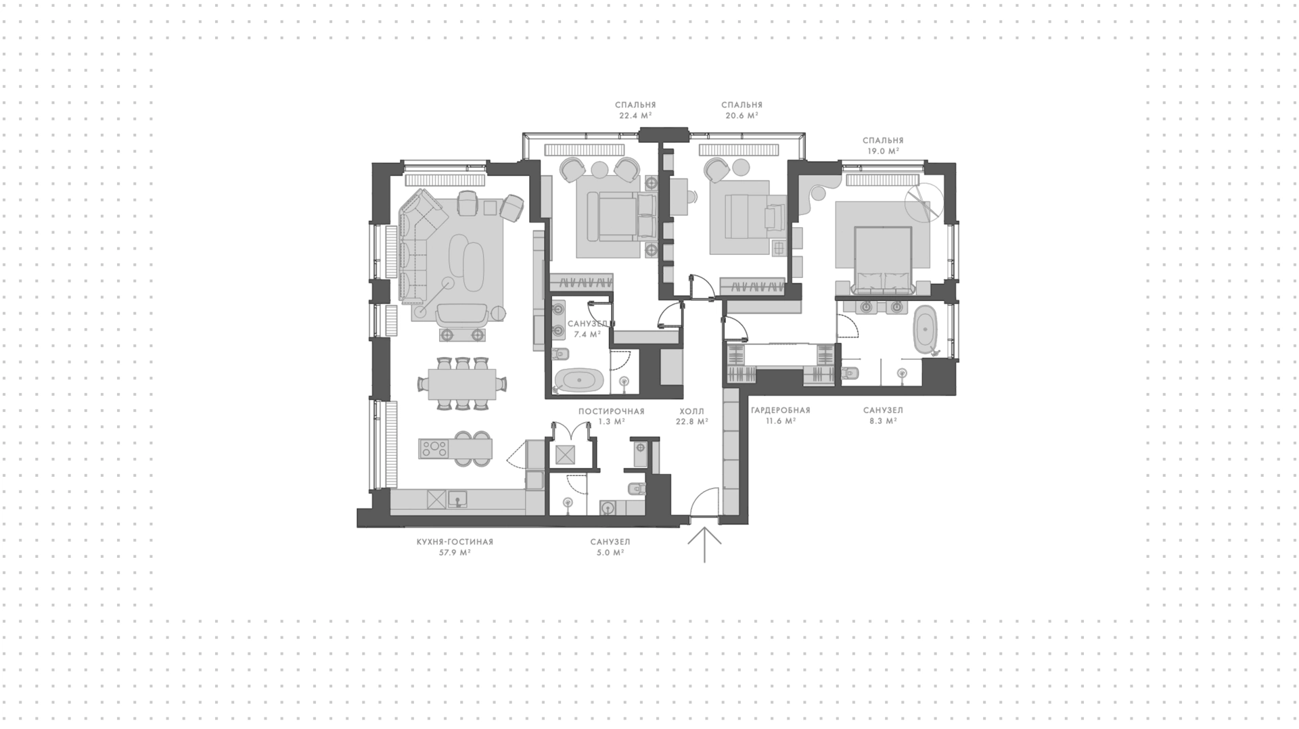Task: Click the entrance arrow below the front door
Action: [x=704, y=545]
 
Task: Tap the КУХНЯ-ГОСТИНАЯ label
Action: [x=455, y=542]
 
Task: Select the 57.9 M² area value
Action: [x=455, y=553]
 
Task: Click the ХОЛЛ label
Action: [x=692, y=411]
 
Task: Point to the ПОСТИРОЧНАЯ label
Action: [x=611, y=411]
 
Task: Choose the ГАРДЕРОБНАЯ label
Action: [x=780, y=410]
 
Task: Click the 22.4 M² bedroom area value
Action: [x=635, y=116]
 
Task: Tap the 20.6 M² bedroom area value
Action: [x=742, y=116]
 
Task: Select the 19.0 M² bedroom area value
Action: [x=883, y=151]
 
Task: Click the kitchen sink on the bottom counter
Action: [x=457, y=500]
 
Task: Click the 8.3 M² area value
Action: [x=883, y=421]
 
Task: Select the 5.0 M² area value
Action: [x=610, y=553]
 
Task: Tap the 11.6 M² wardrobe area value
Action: [x=780, y=421]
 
